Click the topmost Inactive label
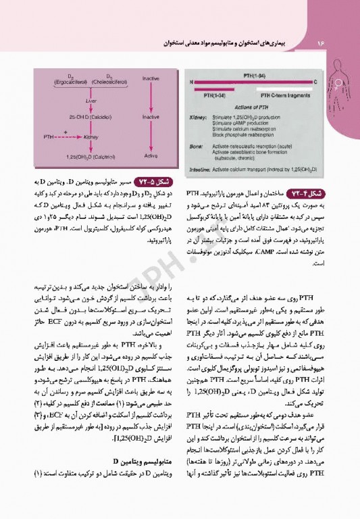point(151,78)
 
